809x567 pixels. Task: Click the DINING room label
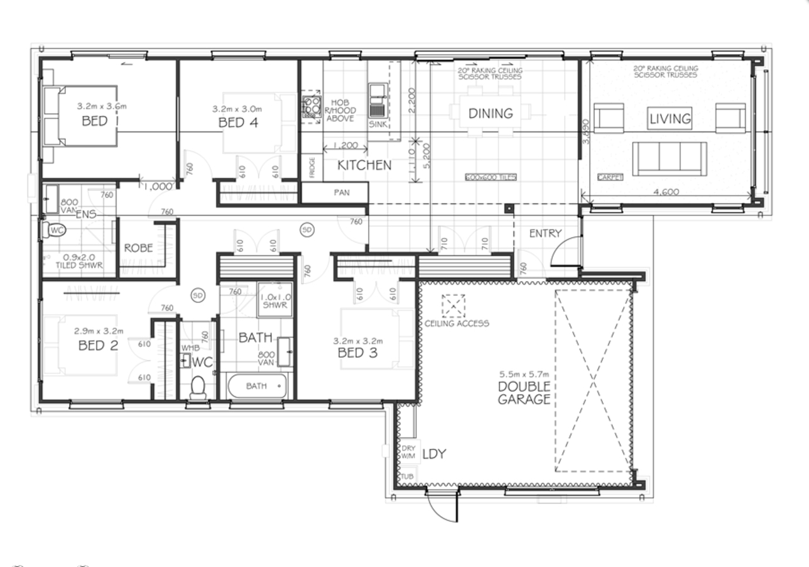[491, 114]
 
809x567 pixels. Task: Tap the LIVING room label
[670, 118]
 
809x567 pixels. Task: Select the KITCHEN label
[364, 165]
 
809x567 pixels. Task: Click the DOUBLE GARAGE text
[524, 393]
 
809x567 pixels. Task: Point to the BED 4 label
[238, 123]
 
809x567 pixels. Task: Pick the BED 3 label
[357, 353]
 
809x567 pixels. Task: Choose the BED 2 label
[98, 345]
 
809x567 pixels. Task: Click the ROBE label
[138, 248]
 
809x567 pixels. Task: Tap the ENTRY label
[545, 233]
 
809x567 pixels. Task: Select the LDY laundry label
[434, 454]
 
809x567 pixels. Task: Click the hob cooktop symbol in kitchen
[311, 107]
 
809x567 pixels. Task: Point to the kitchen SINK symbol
[377, 101]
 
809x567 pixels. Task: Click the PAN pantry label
[342, 193]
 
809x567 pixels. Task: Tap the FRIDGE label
[312, 168]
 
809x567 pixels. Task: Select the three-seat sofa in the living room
[669, 158]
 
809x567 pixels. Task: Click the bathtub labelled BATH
[257, 385]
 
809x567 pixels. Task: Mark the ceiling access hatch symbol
[453, 306]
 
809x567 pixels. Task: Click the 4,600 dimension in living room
[666, 192]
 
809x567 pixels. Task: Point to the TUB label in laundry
[407, 476]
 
